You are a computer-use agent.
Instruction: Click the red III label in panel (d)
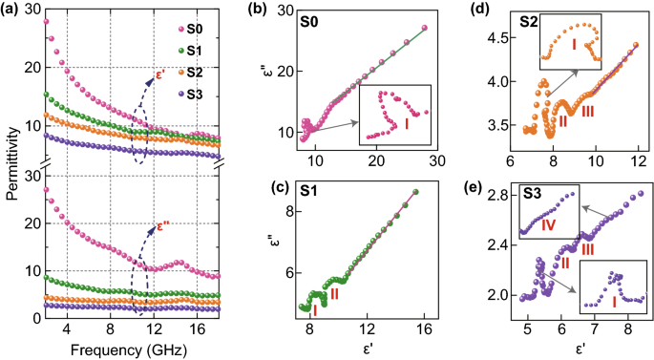pos(588,112)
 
